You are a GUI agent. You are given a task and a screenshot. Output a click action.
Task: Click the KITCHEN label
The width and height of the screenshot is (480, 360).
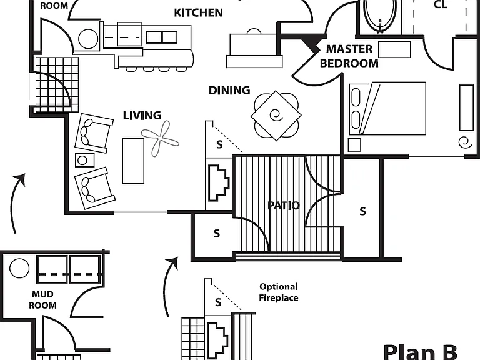pyautogui.click(x=198, y=13)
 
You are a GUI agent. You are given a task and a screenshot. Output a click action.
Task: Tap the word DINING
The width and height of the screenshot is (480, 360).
pyautogui.click(x=229, y=90)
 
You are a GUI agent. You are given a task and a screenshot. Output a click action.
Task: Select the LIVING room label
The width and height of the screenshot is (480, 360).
pyautogui.click(x=142, y=116)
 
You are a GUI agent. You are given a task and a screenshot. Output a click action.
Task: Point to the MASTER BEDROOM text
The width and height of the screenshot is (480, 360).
pyautogui.click(x=349, y=56)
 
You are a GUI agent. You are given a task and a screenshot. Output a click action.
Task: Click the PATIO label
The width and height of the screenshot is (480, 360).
pyautogui.click(x=284, y=206)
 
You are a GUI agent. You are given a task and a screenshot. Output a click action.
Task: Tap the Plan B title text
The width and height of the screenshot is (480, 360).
pyautogui.click(x=420, y=352)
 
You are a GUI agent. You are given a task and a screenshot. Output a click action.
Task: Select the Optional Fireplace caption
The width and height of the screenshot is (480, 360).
pyautogui.click(x=279, y=292)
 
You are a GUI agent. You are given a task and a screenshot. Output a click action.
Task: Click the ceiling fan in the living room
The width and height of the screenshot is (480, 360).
pyautogui.click(x=161, y=139)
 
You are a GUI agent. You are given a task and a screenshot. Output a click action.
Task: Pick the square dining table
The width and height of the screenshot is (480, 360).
pyautogui.click(x=276, y=116)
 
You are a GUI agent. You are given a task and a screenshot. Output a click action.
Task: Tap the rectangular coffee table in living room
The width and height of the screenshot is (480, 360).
pyautogui.click(x=133, y=161)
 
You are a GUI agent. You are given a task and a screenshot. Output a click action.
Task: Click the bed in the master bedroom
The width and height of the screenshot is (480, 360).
pyautogui.click(x=388, y=108)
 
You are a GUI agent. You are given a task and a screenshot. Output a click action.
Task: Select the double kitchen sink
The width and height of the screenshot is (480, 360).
pyautogui.click(x=162, y=37)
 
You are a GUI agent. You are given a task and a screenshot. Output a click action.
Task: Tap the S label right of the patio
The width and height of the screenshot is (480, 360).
pyautogui.click(x=362, y=211)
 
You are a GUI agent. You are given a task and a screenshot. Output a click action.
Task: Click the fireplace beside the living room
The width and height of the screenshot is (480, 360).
pyautogui.click(x=219, y=183)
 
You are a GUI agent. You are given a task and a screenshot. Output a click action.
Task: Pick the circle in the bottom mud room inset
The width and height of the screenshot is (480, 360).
pyautogui.click(x=19, y=269)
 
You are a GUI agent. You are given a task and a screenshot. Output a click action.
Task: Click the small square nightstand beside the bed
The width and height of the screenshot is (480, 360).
pyautogui.click(x=354, y=145)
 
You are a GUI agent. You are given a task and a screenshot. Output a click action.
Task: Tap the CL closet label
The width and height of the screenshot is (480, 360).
pyautogui.click(x=441, y=4)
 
